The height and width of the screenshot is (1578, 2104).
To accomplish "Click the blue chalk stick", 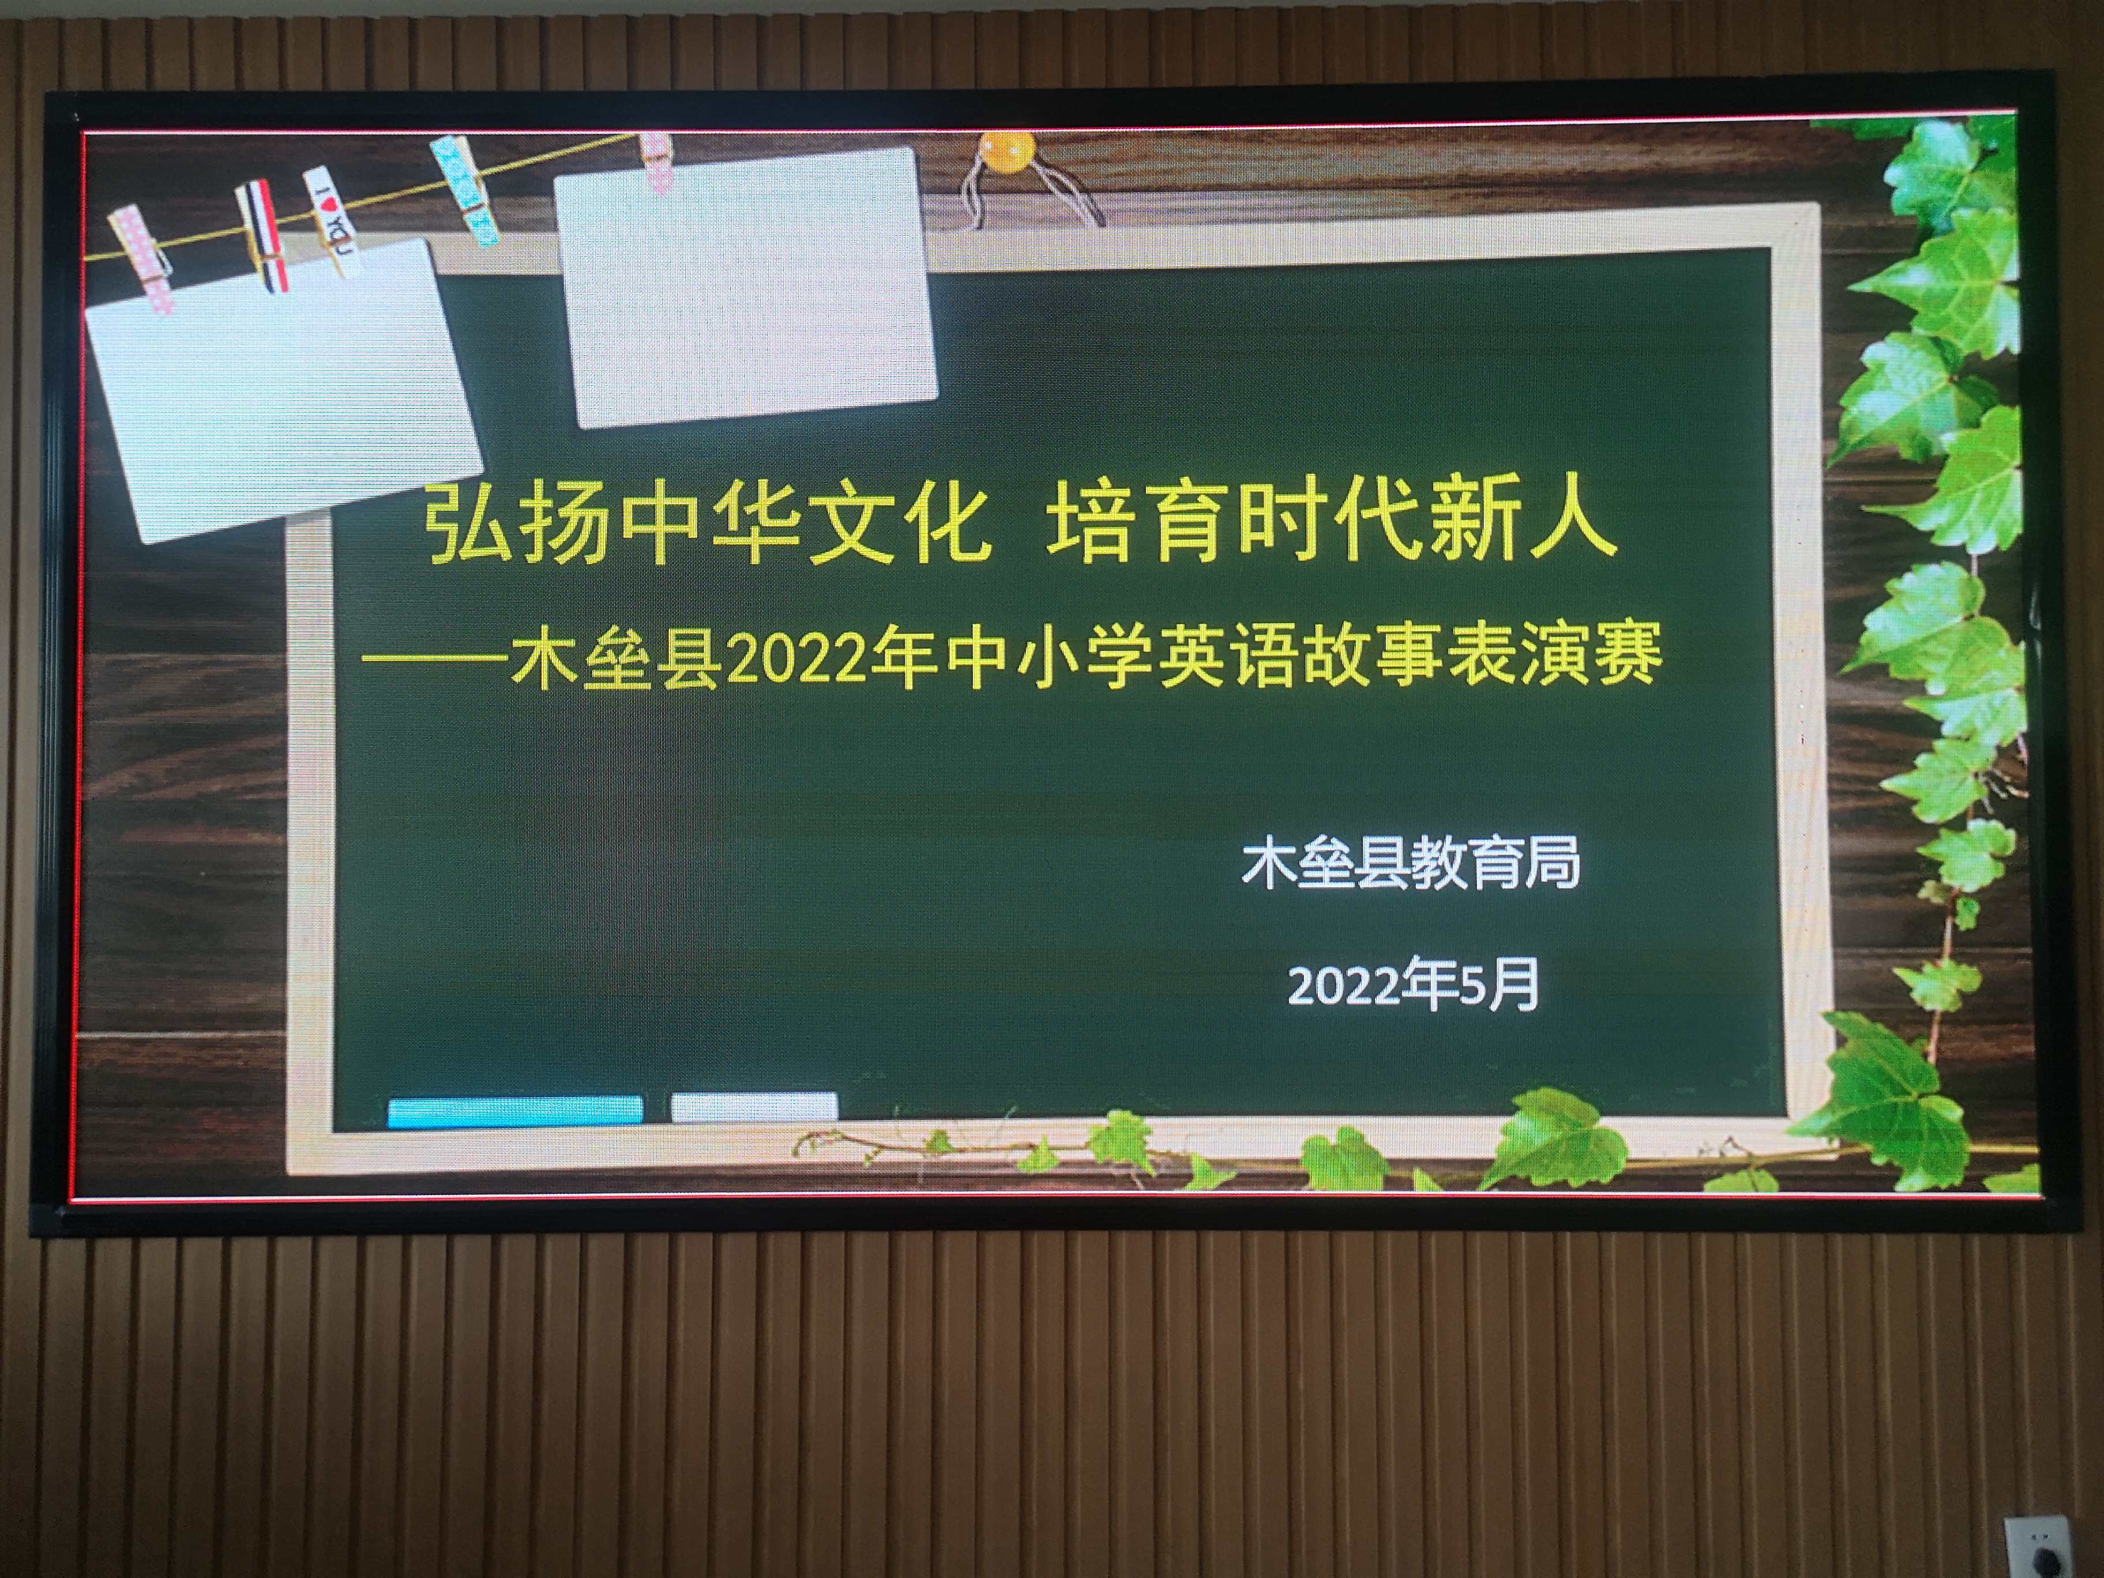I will click(x=514, y=1111).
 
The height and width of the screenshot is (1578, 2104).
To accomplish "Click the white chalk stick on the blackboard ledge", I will click(x=754, y=1106).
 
